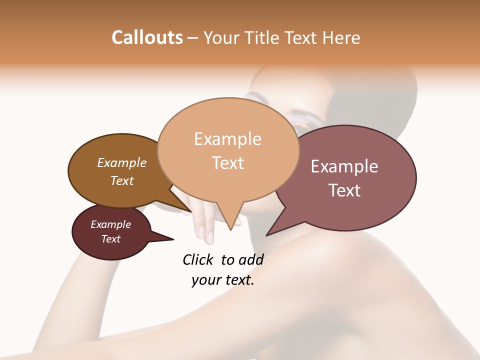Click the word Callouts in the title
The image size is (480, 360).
point(147,37)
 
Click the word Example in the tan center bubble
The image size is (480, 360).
point(227,139)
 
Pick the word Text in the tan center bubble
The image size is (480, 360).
point(227,163)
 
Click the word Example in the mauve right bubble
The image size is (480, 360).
point(344,166)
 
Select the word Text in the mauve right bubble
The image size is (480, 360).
point(344,190)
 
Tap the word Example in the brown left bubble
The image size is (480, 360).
point(121,163)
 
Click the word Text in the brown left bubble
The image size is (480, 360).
point(121,180)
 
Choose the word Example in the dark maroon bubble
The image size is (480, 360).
point(110,224)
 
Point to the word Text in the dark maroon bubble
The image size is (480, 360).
point(110,239)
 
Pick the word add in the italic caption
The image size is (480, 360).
point(251,259)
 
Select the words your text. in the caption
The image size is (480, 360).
point(222,280)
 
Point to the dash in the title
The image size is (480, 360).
point(193,38)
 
